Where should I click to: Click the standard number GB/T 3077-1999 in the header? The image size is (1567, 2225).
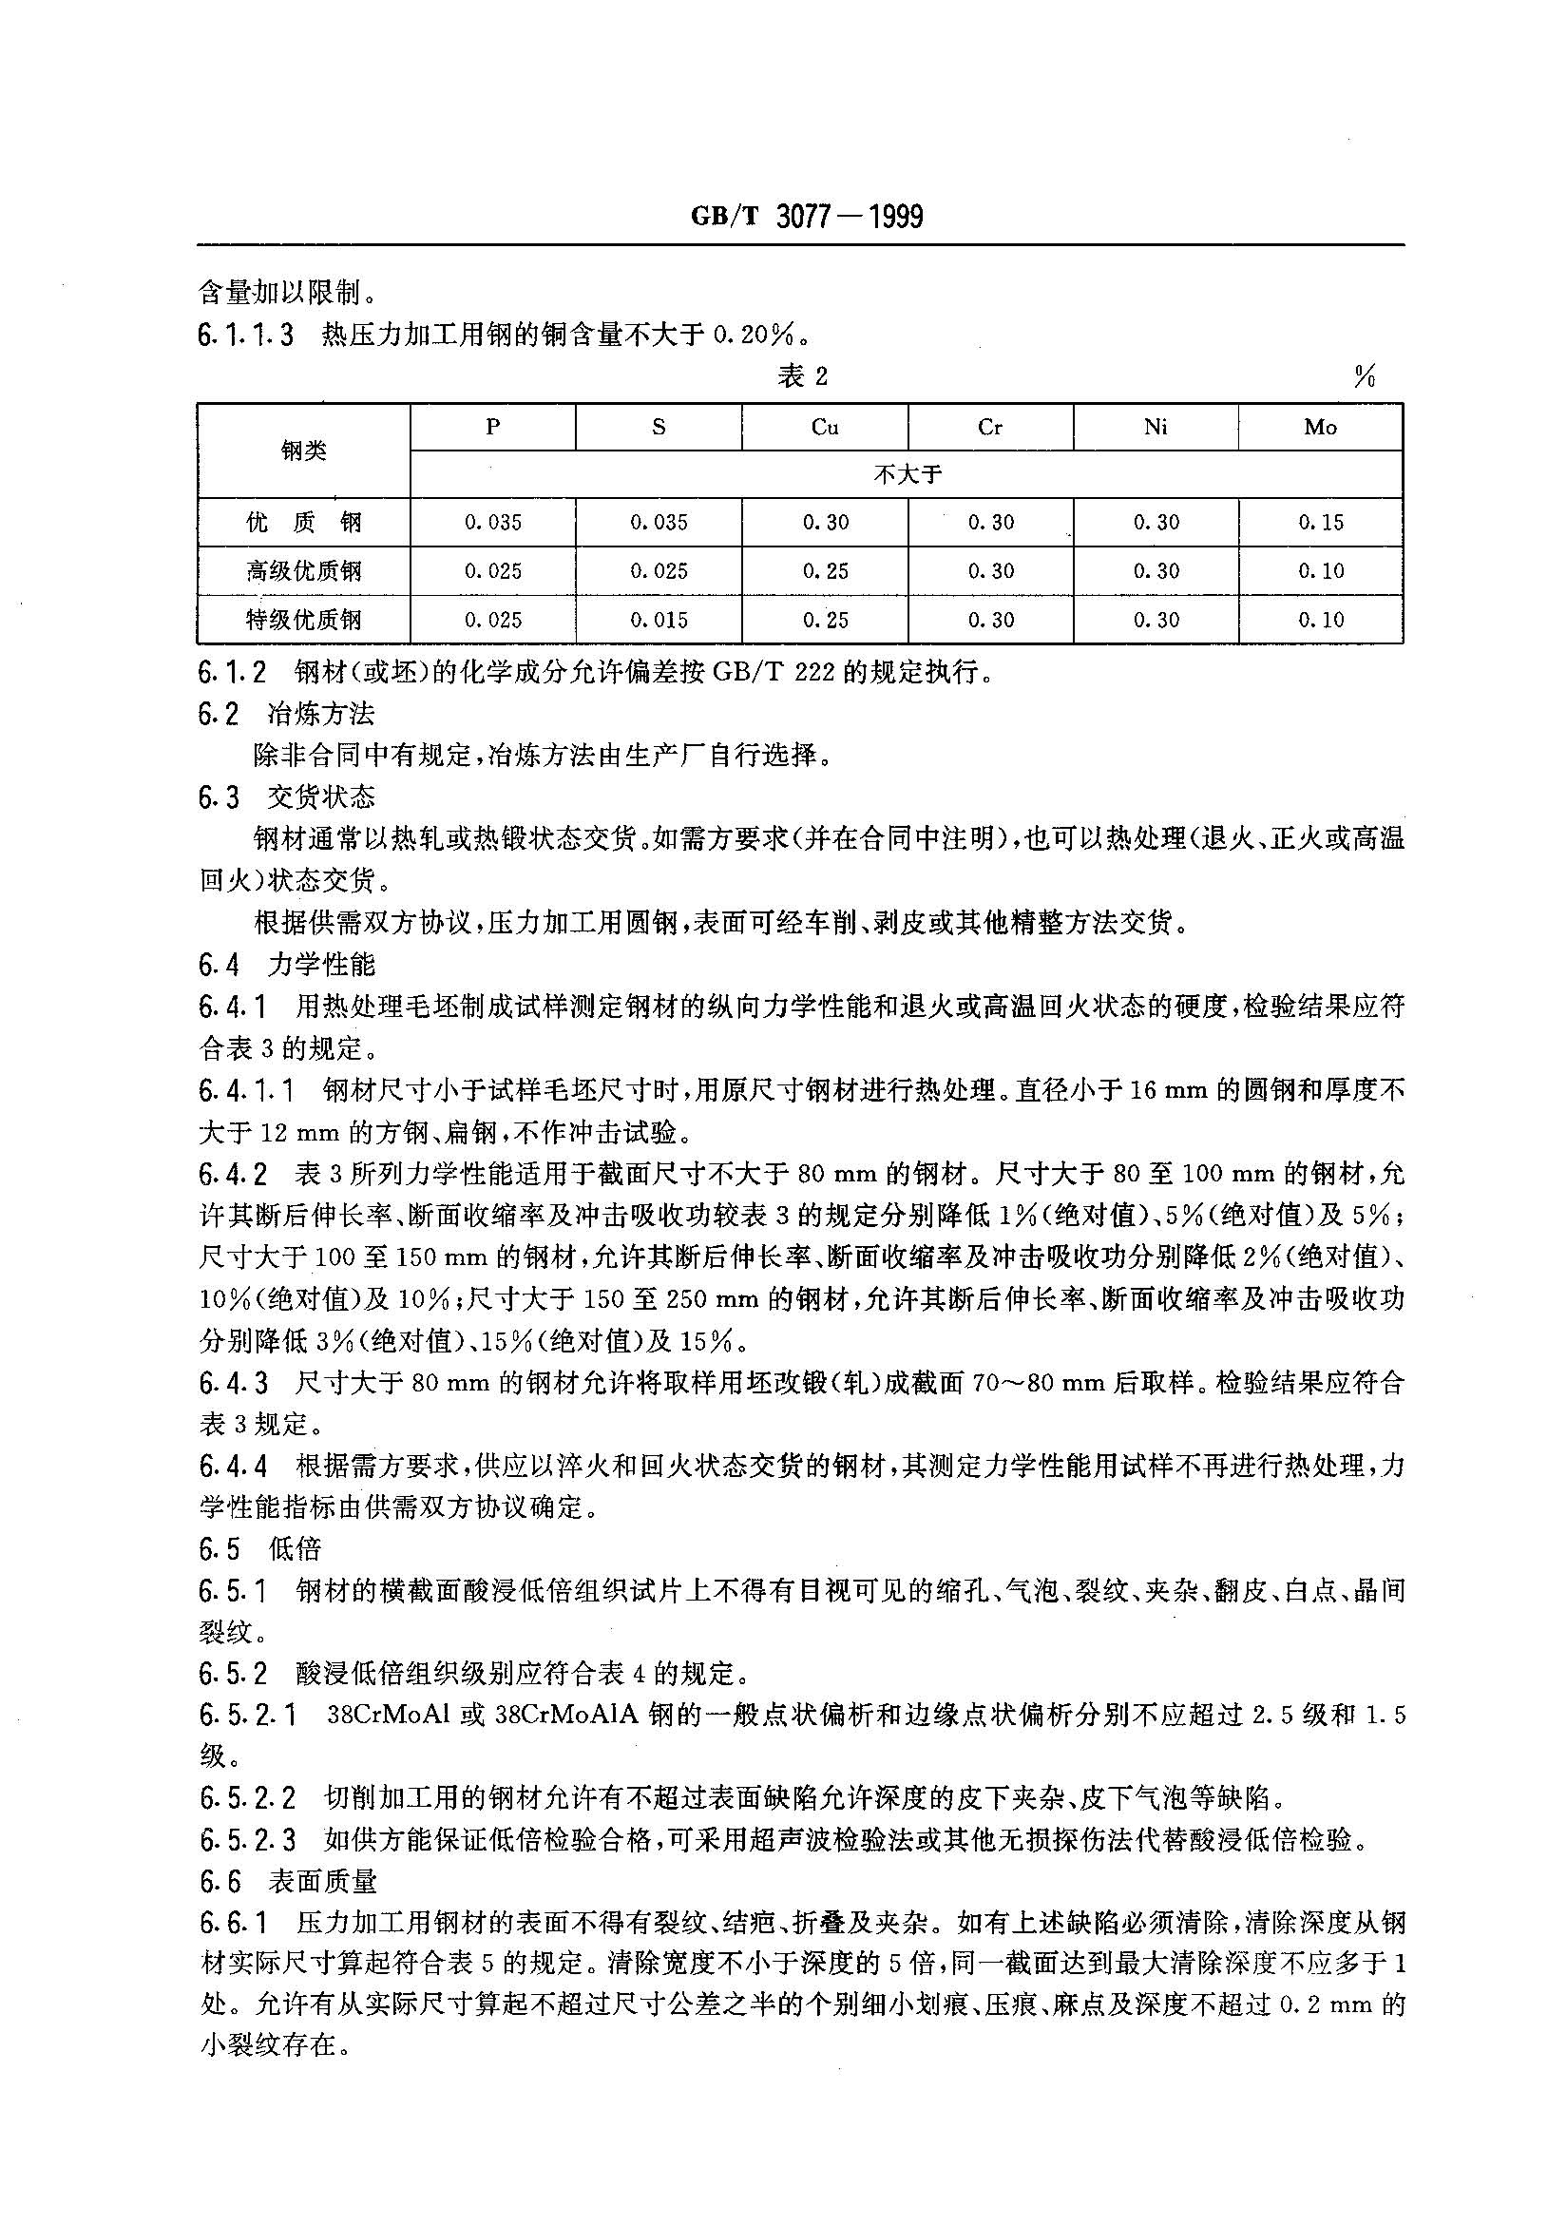click(806, 216)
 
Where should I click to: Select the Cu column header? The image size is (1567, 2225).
click(824, 428)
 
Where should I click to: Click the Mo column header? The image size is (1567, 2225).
click(1320, 428)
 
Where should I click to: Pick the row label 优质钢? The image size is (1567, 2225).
click(303, 524)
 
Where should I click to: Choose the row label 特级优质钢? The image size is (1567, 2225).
click(303, 621)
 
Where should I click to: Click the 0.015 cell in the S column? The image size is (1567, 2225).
click(658, 621)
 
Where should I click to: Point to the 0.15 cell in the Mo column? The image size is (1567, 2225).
click(1321, 524)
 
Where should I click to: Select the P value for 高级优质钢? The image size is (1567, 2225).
click(492, 572)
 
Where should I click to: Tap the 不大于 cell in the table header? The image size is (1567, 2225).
click(907, 475)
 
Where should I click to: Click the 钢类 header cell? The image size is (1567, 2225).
click(303, 451)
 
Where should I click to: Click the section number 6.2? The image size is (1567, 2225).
click(219, 715)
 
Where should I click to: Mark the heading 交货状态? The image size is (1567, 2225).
click(321, 798)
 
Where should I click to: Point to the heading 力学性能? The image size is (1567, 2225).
click(321, 966)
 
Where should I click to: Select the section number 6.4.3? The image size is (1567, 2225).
click(234, 1383)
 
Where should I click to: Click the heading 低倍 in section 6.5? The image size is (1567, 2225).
click(295, 1549)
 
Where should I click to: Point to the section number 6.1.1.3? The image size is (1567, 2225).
click(246, 336)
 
